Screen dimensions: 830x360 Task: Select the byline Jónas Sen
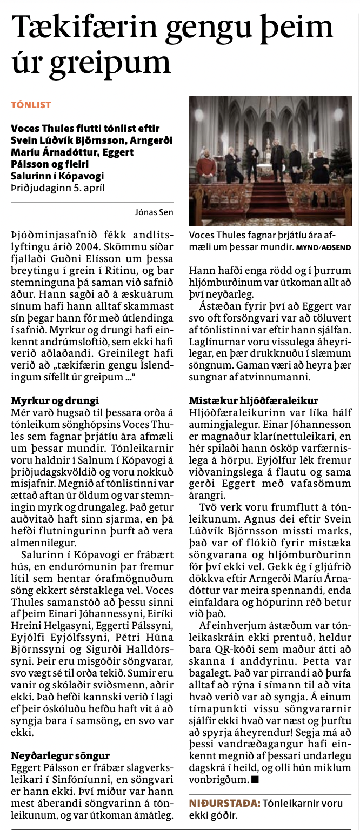click(154, 212)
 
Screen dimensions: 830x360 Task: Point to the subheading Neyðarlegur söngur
click(60, 755)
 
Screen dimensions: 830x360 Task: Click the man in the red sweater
click(205, 169)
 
